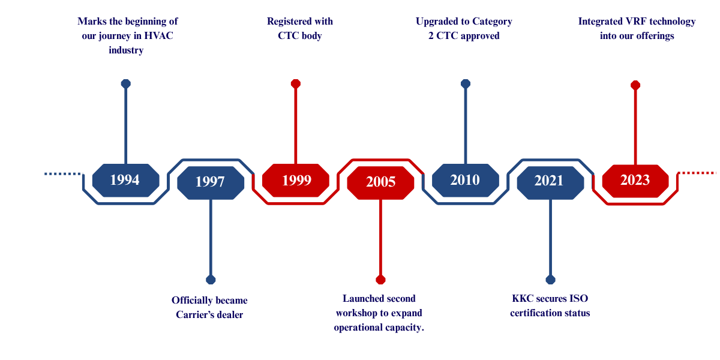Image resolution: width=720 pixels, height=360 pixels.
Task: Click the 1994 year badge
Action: click(125, 180)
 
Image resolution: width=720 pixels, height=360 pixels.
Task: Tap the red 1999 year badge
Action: click(296, 180)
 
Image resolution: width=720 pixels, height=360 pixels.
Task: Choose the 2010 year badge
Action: click(465, 180)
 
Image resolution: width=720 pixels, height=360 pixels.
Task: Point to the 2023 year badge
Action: click(635, 181)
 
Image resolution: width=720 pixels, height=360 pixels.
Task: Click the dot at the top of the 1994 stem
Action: click(125, 83)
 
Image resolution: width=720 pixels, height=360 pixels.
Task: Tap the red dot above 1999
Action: click(296, 83)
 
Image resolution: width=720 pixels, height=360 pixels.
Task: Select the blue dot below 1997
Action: click(211, 280)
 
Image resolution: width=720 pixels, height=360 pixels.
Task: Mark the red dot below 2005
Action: click(380, 280)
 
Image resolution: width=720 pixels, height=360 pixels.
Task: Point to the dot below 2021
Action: click(551, 280)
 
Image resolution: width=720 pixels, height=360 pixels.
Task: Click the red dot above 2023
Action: click(635, 85)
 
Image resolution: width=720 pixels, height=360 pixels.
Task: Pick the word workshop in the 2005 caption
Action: click(356, 313)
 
